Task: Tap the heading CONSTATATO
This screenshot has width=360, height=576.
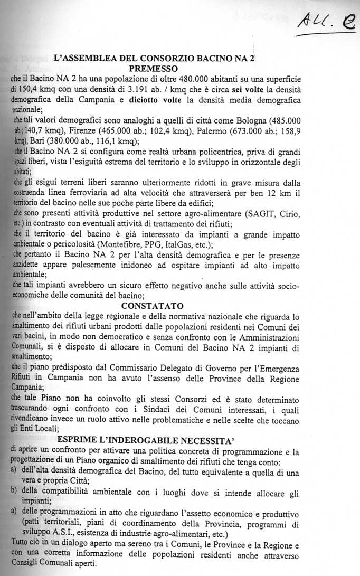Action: [152, 306]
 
